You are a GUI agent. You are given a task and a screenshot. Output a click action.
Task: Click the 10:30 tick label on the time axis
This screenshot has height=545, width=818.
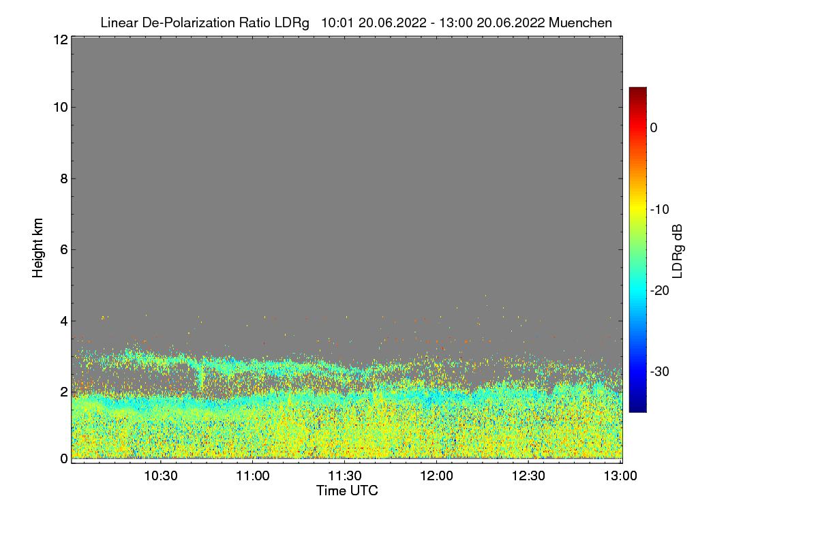161,476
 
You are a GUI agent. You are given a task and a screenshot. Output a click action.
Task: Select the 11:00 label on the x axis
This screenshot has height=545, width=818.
253,476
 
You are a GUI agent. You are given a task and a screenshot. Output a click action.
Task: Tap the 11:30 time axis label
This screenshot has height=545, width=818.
345,476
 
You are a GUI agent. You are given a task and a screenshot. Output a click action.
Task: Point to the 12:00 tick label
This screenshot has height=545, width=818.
436,476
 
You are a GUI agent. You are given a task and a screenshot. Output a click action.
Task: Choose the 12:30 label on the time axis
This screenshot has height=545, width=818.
528,476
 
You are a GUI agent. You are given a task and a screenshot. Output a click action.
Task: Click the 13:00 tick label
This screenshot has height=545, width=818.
620,476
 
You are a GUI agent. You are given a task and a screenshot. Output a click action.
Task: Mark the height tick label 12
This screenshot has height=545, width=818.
61,40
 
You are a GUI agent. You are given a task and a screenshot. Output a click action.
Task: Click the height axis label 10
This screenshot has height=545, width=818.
61,108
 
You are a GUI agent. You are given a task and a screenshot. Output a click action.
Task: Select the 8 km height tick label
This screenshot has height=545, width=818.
64,178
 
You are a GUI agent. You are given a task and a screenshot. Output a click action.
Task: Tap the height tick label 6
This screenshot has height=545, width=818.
64,250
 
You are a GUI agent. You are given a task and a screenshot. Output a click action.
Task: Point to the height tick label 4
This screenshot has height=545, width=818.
64,322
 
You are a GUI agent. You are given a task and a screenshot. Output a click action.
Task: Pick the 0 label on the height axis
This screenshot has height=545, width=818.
64,458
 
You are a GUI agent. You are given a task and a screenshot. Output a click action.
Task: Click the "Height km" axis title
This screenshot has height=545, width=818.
37,248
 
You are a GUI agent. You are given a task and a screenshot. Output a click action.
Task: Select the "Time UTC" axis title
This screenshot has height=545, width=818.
347,490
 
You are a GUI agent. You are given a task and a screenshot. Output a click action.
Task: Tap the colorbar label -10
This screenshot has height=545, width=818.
660,210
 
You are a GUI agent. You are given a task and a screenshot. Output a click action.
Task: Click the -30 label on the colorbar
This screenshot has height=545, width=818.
660,371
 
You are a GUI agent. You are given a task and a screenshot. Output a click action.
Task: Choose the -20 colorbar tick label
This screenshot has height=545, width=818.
660,291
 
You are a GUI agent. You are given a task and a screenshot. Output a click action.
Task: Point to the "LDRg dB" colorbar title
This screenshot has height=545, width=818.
678,251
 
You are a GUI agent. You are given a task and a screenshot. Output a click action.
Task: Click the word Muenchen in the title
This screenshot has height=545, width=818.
580,22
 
